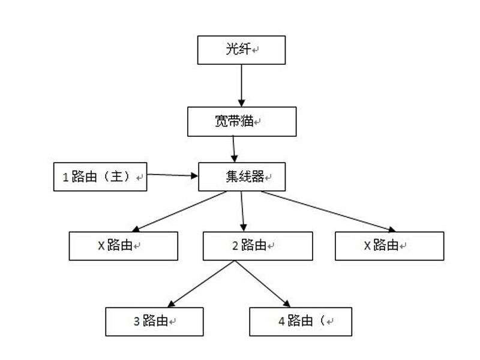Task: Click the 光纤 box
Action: [x=241, y=50]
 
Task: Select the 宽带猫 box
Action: [x=242, y=121]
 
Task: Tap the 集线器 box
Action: [x=242, y=177]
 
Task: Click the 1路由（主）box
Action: [x=100, y=177]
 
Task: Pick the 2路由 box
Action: [x=257, y=245]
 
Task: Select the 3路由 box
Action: [x=154, y=321]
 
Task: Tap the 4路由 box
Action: [x=300, y=321]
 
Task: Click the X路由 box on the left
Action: [x=123, y=245]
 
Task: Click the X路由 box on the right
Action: [x=389, y=245]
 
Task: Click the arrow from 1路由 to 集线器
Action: [x=173, y=175]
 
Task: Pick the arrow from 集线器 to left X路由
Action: [x=180, y=211]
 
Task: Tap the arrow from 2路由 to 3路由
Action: [x=202, y=284]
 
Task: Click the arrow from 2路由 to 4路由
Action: [x=262, y=284]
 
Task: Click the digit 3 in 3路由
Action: [x=136, y=322]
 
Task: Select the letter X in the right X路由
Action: [x=367, y=245]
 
